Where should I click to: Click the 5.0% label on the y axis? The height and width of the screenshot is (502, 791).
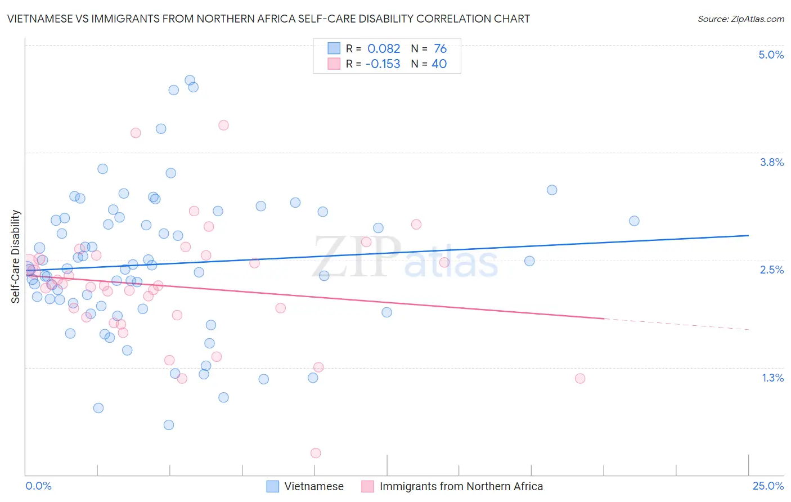[771, 55]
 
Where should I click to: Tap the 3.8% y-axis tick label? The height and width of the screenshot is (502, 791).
[771, 162]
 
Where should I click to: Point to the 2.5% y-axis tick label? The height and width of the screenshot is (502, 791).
[771, 270]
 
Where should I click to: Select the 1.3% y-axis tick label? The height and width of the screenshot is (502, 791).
[772, 378]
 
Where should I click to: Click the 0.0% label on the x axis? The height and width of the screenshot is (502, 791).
[38, 486]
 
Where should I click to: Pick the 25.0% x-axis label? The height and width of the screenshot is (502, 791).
[768, 486]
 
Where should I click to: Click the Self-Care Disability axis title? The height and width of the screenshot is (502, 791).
[16, 257]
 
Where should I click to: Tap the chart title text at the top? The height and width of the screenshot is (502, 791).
[268, 19]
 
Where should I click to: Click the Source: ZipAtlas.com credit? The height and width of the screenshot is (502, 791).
[740, 19]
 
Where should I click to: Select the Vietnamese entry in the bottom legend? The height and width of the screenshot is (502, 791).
[313, 486]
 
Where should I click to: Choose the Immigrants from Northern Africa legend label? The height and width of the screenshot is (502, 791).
[461, 486]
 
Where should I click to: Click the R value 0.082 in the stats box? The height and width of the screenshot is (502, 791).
[384, 48]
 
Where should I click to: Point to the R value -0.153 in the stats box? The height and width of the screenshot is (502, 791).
[383, 64]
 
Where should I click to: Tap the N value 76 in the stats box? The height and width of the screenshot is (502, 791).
[440, 48]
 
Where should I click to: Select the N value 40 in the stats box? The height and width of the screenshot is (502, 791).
[439, 64]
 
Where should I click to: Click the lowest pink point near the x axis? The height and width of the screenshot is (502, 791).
[316, 453]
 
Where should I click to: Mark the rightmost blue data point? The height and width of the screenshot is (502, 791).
[634, 221]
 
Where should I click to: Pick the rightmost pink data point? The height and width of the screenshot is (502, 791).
[580, 378]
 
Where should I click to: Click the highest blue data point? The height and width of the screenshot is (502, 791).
[190, 80]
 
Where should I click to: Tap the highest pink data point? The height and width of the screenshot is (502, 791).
[223, 125]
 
